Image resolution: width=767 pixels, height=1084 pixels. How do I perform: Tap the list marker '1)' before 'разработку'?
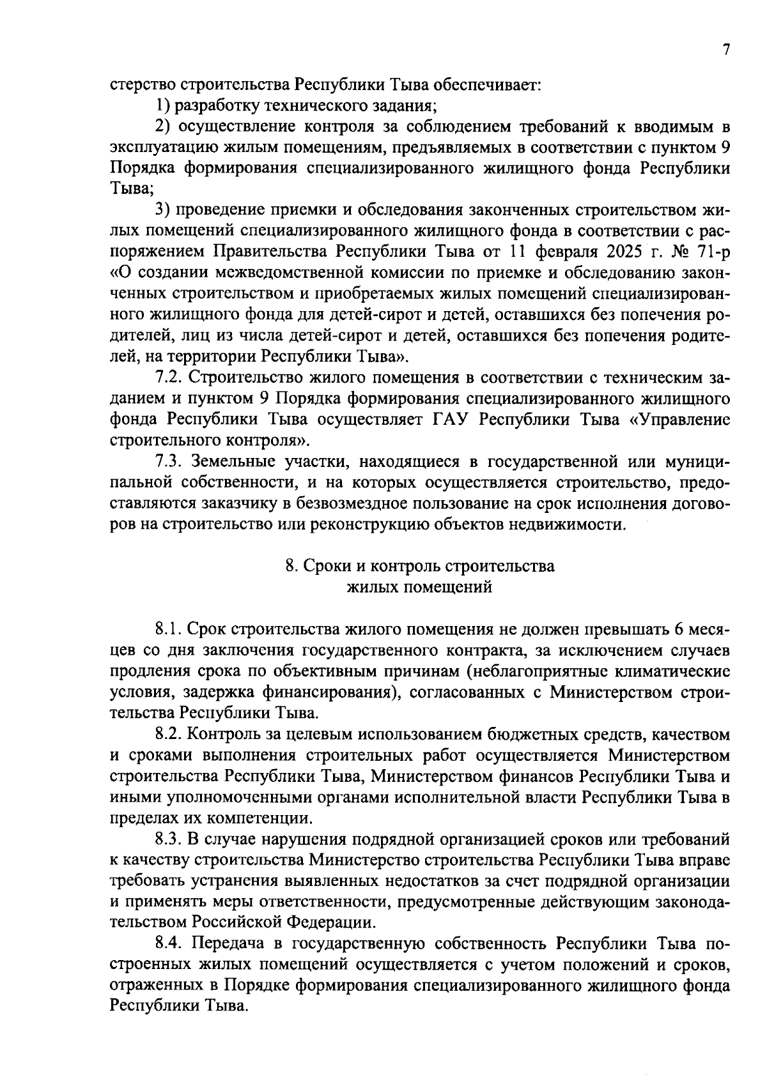point(163,105)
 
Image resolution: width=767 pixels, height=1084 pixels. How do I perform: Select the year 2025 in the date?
point(644,251)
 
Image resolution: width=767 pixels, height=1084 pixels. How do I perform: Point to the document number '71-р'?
point(713,251)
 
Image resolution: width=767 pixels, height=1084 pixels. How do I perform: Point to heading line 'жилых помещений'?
point(419,587)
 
